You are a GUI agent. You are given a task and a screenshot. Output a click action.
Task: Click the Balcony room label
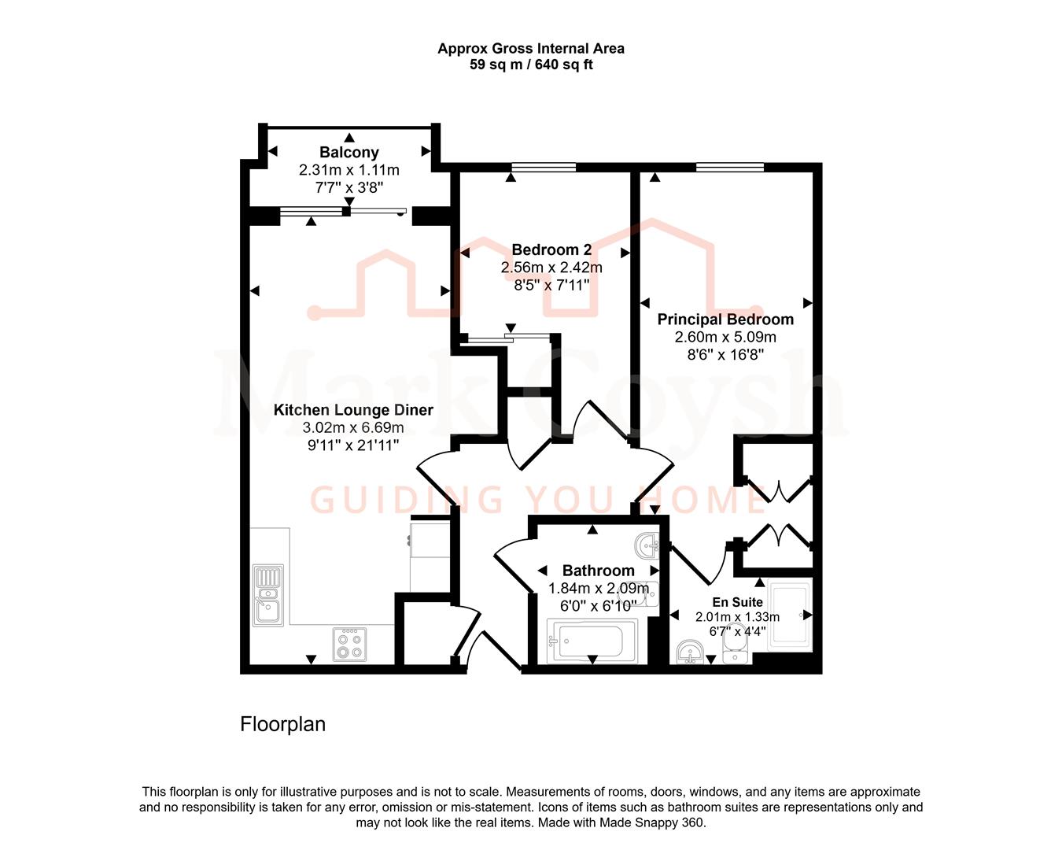(x=348, y=152)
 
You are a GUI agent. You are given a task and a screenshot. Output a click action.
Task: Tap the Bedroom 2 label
(x=551, y=249)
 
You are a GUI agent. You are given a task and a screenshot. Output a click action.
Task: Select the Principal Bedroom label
(x=725, y=319)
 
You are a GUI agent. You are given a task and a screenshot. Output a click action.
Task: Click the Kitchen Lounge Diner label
(x=353, y=409)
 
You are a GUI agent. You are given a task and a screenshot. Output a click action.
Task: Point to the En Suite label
(x=737, y=602)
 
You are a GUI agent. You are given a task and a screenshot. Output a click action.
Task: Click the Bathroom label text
(x=598, y=571)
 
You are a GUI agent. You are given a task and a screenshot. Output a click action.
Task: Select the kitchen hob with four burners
(x=349, y=644)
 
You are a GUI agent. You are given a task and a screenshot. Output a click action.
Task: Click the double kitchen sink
(x=268, y=595)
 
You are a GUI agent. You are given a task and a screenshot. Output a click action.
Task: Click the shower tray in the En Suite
(x=789, y=615)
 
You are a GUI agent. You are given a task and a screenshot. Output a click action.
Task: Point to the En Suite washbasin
(x=691, y=652)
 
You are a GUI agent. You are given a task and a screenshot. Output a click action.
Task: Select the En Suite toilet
(x=734, y=650)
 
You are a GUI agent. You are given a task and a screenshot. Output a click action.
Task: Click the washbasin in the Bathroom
(x=647, y=543)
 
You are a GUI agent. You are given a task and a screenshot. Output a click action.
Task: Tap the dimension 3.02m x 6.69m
(x=353, y=427)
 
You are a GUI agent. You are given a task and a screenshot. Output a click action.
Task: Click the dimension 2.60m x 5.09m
(x=725, y=337)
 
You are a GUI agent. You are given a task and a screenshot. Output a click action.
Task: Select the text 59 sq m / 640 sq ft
(x=531, y=65)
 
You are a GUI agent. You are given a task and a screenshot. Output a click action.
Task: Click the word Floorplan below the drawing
(x=282, y=724)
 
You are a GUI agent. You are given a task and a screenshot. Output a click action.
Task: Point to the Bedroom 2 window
(x=543, y=167)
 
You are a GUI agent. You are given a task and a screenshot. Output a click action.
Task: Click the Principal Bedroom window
(x=729, y=167)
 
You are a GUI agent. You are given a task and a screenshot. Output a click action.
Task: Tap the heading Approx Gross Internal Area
(x=531, y=48)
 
